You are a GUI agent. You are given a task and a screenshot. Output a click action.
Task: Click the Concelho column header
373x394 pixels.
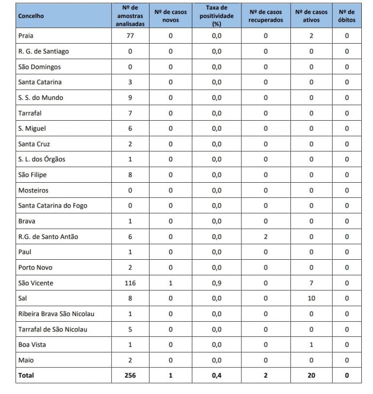click(x=31, y=16)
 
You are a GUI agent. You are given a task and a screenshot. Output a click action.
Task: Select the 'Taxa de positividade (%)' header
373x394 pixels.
click(x=216, y=16)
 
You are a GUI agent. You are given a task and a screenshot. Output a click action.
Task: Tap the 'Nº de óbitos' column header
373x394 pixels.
click(x=347, y=16)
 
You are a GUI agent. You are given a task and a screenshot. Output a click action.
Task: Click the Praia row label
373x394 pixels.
click(x=26, y=36)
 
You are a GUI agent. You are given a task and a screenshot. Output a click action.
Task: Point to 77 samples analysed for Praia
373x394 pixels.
click(x=130, y=36)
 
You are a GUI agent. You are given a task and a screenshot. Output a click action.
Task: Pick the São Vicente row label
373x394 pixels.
click(x=35, y=283)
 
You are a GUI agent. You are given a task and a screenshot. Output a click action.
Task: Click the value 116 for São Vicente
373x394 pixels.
click(x=130, y=283)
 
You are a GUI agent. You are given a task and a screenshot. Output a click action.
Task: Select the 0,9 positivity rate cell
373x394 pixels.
click(x=217, y=283)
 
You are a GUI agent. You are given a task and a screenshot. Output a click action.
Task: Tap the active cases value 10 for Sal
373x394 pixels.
click(x=311, y=299)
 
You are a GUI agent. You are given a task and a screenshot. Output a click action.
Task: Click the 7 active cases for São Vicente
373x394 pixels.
click(x=311, y=283)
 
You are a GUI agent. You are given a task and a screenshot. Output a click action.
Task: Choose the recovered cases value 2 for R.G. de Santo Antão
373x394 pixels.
click(x=266, y=236)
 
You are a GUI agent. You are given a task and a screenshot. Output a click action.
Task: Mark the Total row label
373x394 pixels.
click(x=26, y=375)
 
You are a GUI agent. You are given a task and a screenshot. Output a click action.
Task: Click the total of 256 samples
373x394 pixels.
click(x=130, y=375)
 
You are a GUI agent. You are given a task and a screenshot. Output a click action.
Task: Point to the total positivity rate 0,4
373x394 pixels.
click(x=217, y=375)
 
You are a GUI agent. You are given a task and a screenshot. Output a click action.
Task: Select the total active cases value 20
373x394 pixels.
click(x=311, y=375)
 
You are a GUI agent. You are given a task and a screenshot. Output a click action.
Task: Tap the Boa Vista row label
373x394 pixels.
click(x=32, y=345)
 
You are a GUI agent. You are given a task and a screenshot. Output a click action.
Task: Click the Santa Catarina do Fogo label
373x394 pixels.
click(x=52, y=205)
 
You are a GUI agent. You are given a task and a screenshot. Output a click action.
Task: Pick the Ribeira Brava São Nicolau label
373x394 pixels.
click(x=56, y=314)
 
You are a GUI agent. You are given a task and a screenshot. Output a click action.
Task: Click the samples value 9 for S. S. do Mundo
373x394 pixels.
click(x=130, y=97)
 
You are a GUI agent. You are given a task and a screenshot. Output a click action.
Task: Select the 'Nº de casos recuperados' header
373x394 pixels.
click(x=266, y=16)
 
